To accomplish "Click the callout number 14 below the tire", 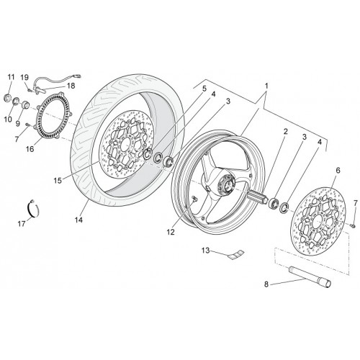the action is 78,220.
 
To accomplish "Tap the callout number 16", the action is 30,149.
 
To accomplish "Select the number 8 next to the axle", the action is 266,284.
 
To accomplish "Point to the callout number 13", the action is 205,251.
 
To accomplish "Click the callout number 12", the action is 171,232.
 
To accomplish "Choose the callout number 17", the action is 22,224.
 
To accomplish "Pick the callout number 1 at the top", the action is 266,86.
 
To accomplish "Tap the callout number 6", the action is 338,171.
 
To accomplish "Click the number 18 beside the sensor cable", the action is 71,86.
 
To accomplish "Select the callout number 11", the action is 11,77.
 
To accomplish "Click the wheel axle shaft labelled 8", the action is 310,277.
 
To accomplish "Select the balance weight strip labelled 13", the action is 236,255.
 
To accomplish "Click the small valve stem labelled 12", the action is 194,199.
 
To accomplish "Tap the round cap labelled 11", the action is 9,98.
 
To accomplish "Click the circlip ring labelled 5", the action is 147,154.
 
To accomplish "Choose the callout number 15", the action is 58,181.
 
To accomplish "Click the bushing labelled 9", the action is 25,105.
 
